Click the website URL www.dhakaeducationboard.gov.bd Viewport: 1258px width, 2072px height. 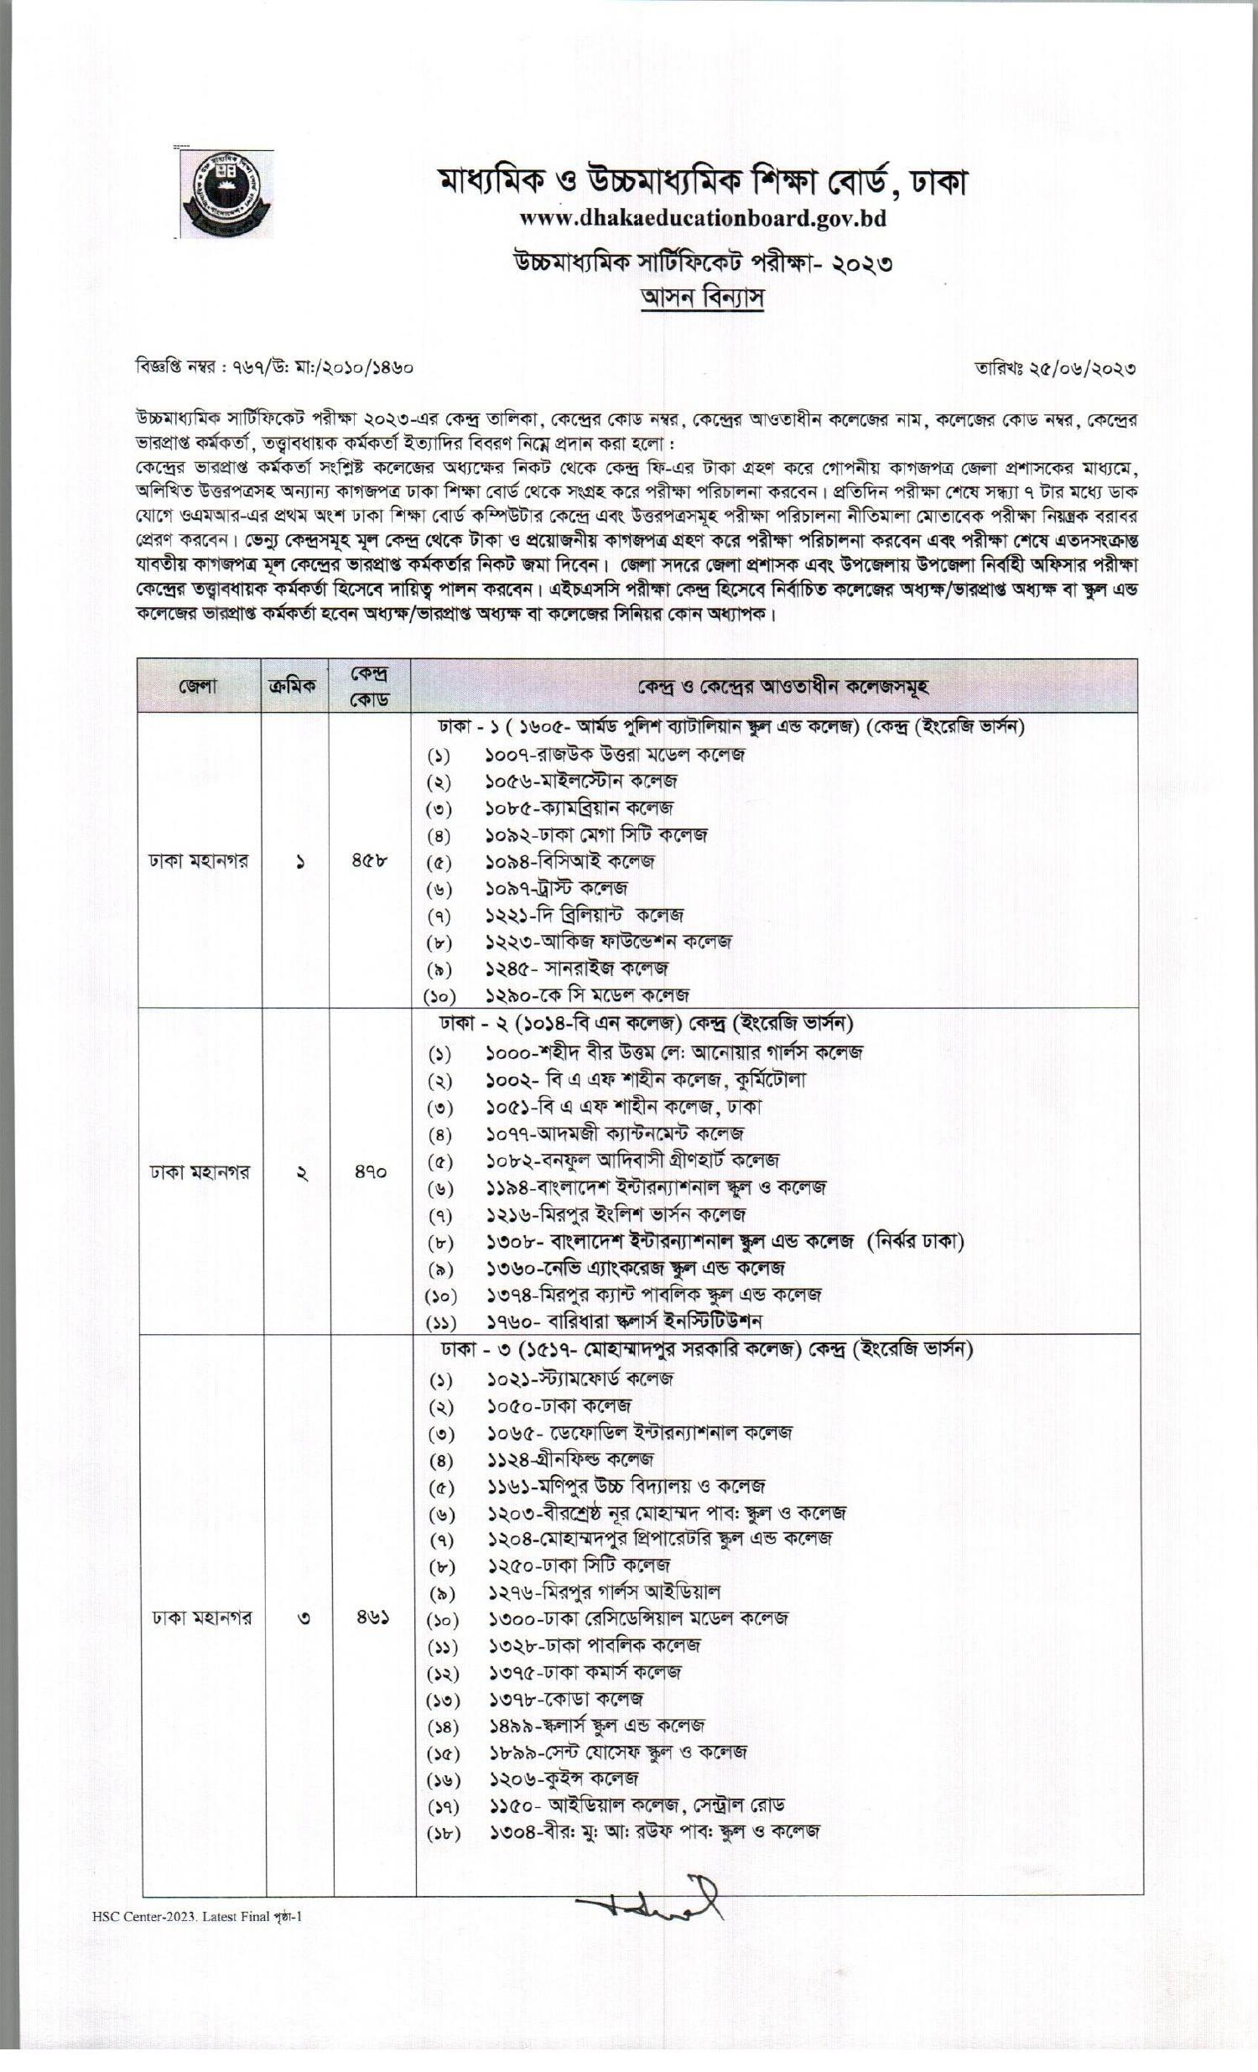[702, 219]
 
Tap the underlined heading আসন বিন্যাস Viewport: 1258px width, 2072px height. [702, 299]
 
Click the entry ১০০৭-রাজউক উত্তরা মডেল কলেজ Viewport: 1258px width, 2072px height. [615, 755]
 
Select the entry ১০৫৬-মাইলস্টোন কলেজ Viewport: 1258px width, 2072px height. [582, 782]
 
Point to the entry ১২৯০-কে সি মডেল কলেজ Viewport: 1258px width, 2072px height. [587, 995]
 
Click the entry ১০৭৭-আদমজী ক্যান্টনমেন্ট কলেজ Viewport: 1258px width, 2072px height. [615, 1134]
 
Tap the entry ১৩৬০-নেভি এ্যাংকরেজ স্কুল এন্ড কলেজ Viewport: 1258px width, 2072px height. [635, 1267]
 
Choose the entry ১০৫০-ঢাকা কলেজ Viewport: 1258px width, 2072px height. [559, 1405]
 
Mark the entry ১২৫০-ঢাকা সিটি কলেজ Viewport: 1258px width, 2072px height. [579, 1565]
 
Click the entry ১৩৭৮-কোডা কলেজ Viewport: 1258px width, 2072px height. [566, 1698]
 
